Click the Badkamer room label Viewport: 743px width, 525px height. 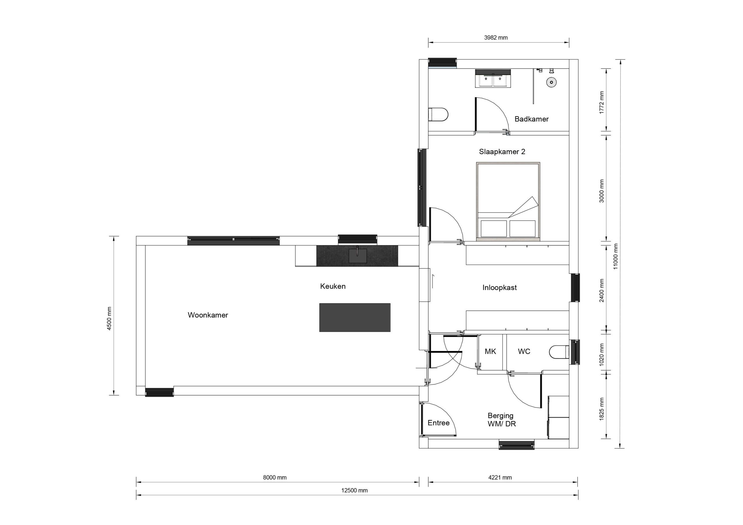[x=531, y=119]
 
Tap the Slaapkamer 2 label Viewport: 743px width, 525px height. [x=502, y=151]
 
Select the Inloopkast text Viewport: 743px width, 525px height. [x=499, y=287]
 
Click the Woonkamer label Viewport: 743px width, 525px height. [x=208, y=315]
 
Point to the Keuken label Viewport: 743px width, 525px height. [x=333, y=286]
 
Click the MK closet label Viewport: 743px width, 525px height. [x=490, y=351]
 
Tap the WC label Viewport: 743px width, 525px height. [x=524, y=351]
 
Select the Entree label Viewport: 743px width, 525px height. [x=439, y=423]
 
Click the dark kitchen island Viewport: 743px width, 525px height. [x=355, y=317]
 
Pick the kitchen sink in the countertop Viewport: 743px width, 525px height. [x=358, y=256]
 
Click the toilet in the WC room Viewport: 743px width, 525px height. [x=559, y=352]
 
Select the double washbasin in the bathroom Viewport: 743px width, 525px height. [x=493, y=79]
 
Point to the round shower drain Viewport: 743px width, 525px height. [x=551, y=82]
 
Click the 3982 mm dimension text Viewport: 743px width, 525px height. [x=496, y=37]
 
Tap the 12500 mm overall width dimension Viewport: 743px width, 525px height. [x=354, y=490]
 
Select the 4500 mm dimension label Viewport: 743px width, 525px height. [x=109, y=318]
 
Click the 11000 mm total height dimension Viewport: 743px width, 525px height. [x=616, y=256]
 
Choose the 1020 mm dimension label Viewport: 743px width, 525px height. [x=602, y=354]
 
